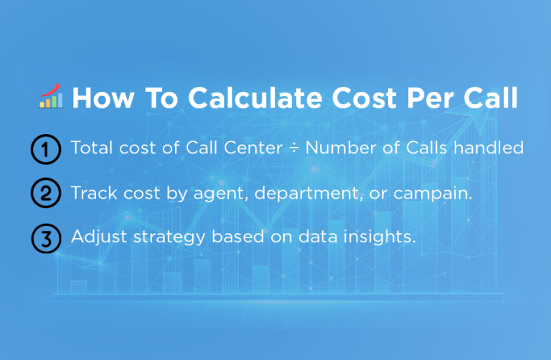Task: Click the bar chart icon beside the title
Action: (50, 97)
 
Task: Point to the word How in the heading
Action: (101, 99)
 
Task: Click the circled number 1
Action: (44, 150)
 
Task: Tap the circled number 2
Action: (44, 194)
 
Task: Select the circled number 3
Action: (44, 238)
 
